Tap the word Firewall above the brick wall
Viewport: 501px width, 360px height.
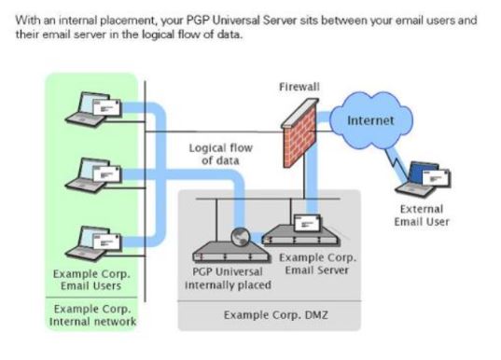click(299, 87)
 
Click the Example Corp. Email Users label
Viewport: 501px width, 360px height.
click(91, 280)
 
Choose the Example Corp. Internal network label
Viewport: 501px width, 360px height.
click(91, 315)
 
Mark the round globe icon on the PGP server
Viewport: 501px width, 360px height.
click(240, 236)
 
